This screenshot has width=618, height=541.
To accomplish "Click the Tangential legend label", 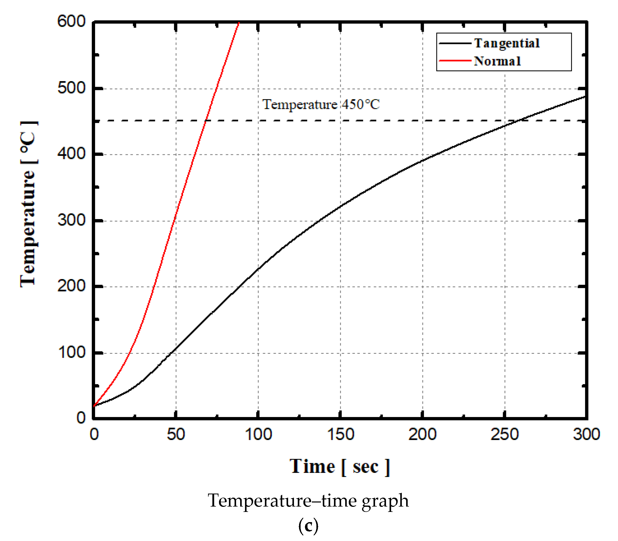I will click(507, 43).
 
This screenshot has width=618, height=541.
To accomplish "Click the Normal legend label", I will click(497, 61).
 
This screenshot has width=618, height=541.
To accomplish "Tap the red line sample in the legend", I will click(455, 61).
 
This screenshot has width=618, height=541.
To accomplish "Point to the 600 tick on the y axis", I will click(72, 21).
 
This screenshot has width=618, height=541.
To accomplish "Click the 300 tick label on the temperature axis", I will click(72, 220).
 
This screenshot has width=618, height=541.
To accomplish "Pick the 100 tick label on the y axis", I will click(72, 352).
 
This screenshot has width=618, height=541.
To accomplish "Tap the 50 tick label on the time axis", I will click(176, 434).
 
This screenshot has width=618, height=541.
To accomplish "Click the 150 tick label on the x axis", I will click(340, 434).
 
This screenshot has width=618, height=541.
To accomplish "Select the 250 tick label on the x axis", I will click(505, 434).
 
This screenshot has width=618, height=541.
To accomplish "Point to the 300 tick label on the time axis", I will click(586, 434).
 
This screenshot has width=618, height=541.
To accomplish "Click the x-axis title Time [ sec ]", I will click(340, 467).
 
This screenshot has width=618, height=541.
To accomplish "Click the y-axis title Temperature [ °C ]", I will click(29, 204).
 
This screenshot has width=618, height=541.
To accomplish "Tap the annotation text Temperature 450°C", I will click(321, 105).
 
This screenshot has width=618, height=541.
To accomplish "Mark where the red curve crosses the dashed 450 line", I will click(205, 121).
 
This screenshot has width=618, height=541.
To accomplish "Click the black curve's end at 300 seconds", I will click(585, 97).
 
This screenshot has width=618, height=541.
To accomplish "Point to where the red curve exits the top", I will click(239, 23).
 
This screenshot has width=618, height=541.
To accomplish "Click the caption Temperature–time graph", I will click(308, 500).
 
